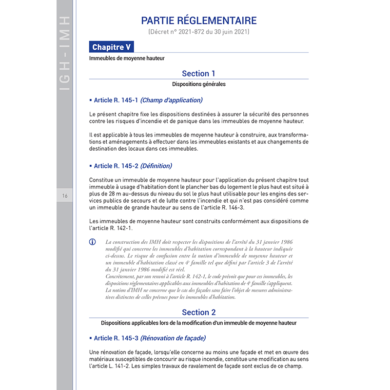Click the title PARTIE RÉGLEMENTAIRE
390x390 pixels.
coord(199,21)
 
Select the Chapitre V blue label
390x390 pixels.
coord(111,47)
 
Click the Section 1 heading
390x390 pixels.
coord(198,74)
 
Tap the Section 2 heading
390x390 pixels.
coord(198,312)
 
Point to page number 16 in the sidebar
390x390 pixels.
coord(65,196)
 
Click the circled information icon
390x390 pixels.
coord(93,242)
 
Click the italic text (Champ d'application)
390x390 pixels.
coord(171,100)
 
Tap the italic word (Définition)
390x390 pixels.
coord(156,166)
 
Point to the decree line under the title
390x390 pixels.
coord(199,32)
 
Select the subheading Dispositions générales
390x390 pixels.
coord(198,84)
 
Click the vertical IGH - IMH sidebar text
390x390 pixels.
coord(65,54)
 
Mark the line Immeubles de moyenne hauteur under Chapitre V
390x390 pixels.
coord(127,58)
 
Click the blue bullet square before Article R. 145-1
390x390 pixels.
coord(91,100)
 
